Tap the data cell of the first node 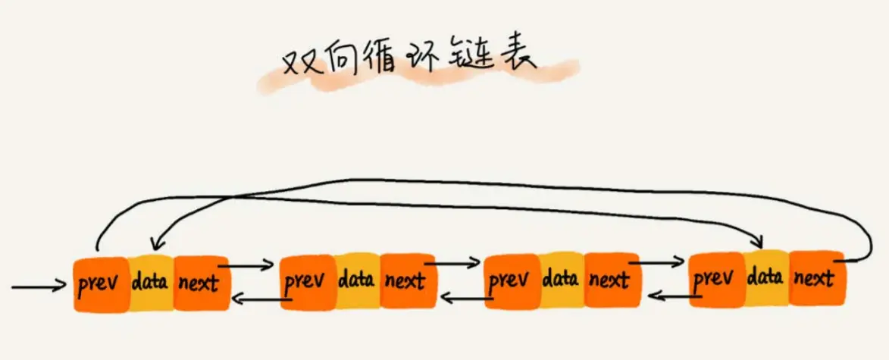pos(150,284)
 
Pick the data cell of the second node pos(356,281)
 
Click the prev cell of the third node pos(510,281)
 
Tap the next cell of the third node pos(611,281)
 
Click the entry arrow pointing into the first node pos(38,287)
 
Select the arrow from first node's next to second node pos(246,265)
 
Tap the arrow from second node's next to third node pos(452,264)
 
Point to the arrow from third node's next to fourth pos(656,261)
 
